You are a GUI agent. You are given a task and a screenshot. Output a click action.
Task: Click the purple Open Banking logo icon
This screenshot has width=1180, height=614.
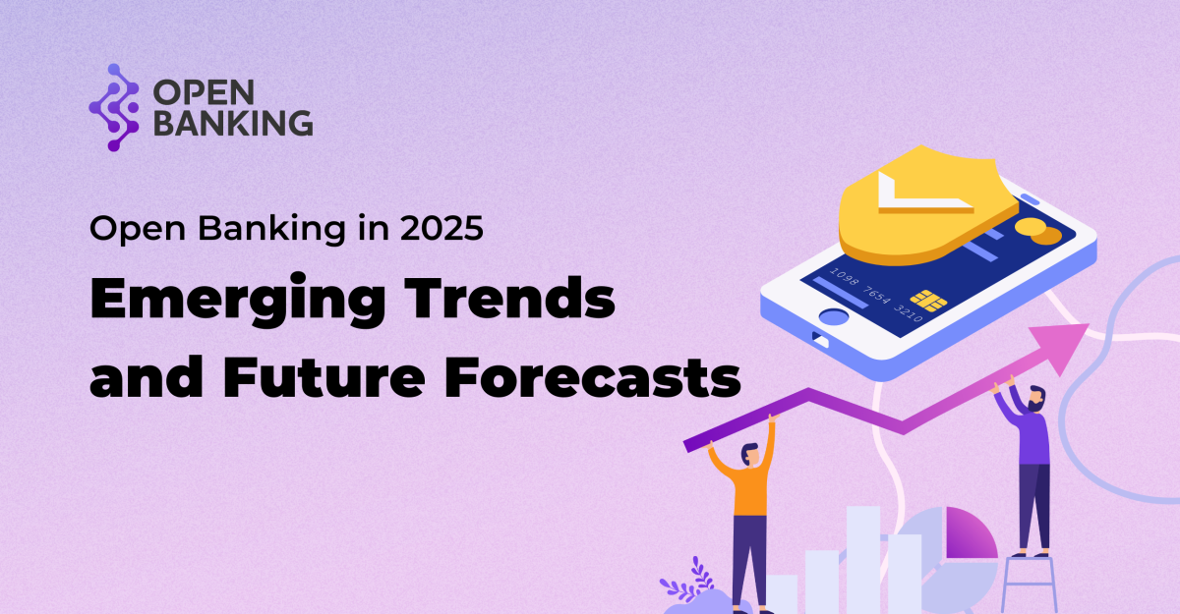[x=114, y=107]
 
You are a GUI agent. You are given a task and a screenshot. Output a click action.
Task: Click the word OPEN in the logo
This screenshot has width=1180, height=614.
[x=204, y=92]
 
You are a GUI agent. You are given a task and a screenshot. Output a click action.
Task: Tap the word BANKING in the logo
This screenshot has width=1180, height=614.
[x=233, y=123]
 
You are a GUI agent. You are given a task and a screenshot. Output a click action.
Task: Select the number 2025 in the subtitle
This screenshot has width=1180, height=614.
[x=442, y=228]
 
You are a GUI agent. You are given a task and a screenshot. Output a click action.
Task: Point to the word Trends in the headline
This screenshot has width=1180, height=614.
[x=509, y=298]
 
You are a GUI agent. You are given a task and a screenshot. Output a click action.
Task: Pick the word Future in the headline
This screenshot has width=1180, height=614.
[x=324, y=376]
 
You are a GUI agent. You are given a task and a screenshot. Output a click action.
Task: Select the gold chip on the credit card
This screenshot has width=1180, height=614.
[x=927, y=301]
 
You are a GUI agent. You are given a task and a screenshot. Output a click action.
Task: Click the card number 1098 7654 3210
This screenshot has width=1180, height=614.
[x=875, y=294]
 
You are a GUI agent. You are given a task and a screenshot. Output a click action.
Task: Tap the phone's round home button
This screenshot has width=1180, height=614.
[x=834, y=316]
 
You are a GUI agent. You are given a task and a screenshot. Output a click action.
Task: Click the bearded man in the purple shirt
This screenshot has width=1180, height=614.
[x=1025, y=469]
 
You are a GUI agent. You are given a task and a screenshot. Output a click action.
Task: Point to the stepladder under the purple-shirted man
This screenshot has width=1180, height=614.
[x=1029, y=585]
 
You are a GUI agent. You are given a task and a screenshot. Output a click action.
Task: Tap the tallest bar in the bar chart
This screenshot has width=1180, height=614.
[x=863, y=559]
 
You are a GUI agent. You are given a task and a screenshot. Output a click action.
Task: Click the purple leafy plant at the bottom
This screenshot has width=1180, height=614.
[x=689, y=583]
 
